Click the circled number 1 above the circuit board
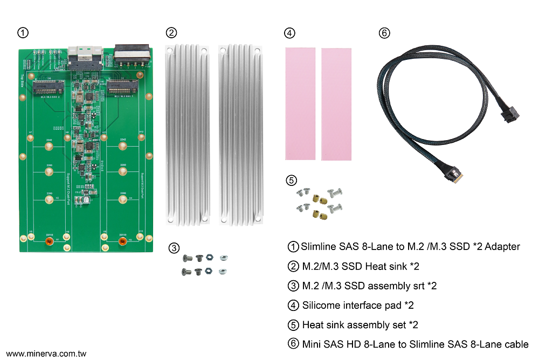23,33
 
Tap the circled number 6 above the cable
384,33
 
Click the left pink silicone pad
300,103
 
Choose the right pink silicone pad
336,104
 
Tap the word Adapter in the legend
502,247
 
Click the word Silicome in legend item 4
321,305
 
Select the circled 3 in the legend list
293,286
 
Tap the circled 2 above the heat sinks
171,33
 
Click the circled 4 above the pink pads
290,33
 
